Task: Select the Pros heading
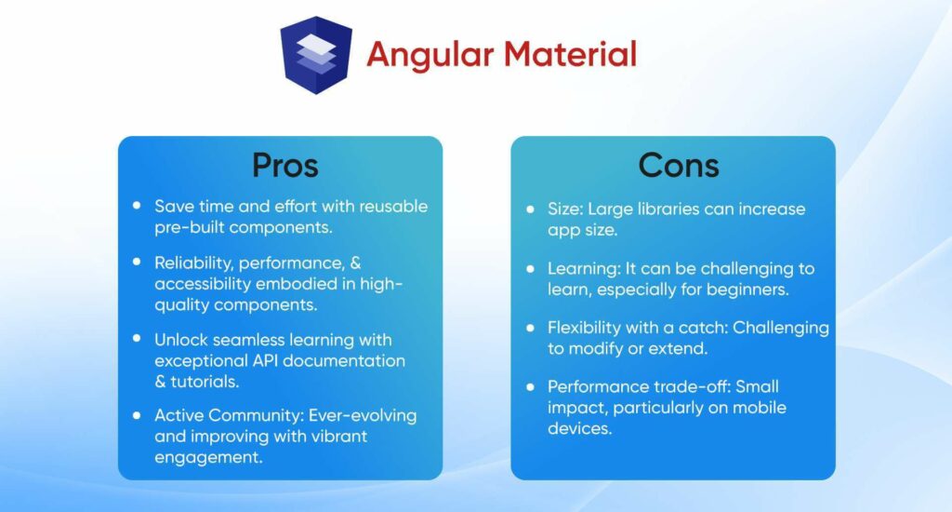pyautogui.click(x=284, y=166)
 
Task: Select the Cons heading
pyautogui.click(x=678, y=166)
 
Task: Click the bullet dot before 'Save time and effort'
pyautogui.click(x=138, y=205)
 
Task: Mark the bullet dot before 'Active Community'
pyautogui.click(x=138, y=414)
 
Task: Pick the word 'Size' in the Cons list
pyautogui.click(x=564, y=208)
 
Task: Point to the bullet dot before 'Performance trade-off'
pyautogui.click(x=531, y=386)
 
